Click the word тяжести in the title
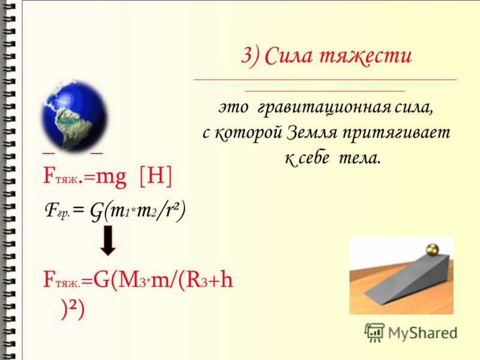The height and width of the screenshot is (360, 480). click(365, 56)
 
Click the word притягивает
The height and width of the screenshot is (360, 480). click(396, 133)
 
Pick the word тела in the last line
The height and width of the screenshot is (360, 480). click(359, 158)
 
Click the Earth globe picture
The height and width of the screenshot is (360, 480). click(74, 116)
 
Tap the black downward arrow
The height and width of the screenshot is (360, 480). click(108, 241)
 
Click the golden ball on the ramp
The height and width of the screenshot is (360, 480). click(433, 249)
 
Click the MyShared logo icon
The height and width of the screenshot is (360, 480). click(374, 333)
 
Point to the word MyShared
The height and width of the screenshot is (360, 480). click(422, 333)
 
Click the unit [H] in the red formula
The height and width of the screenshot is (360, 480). click(155, 176)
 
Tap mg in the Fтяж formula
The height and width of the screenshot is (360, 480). click(111, 178)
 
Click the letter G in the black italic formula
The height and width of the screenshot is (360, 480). click(96, 212)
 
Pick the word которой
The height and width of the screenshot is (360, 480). click(248, 133)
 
